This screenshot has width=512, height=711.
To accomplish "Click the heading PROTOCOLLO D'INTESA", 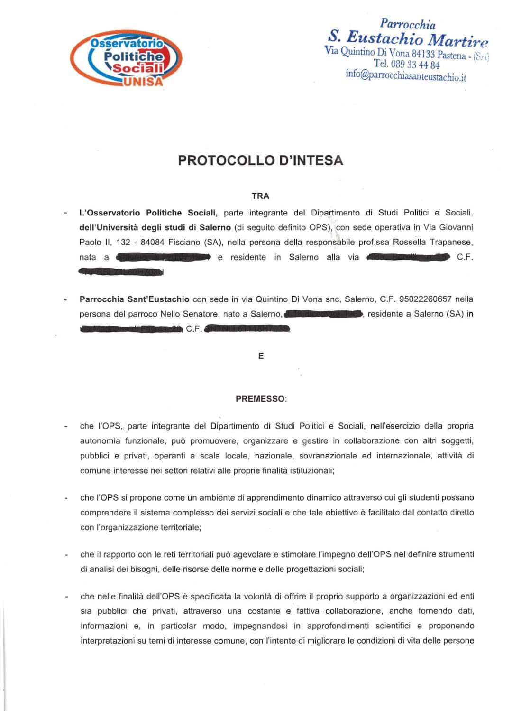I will tap(260, 160).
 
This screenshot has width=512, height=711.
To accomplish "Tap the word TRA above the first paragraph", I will tap(260, 196).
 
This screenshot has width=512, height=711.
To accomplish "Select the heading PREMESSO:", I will tap(261, 399).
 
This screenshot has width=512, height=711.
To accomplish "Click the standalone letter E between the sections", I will tap(261, 356).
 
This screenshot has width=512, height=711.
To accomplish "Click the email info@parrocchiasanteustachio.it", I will tap(406, 75).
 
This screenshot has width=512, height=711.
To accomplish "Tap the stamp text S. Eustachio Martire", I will tap(407, 38).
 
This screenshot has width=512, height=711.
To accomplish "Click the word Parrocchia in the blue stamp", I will tap(408, 24).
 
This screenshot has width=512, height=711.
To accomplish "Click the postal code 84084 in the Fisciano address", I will tap(152, 242).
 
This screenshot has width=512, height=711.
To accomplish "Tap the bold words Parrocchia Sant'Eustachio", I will tap(135, 299).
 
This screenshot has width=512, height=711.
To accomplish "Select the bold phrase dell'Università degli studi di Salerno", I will tap(155, 227).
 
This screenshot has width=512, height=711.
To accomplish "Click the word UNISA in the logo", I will tap(143, 81).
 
